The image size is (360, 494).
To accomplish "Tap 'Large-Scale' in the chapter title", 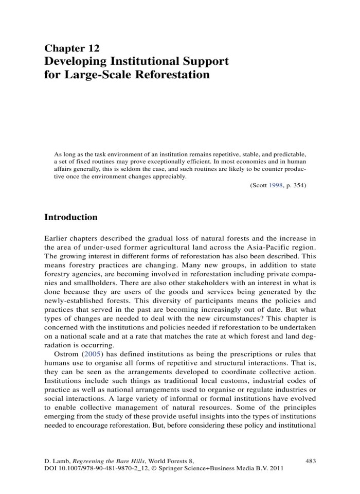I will click(97, 75).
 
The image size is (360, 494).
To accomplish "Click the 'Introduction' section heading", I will click(71, 217).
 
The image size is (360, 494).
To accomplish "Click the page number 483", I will click(310, 461).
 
